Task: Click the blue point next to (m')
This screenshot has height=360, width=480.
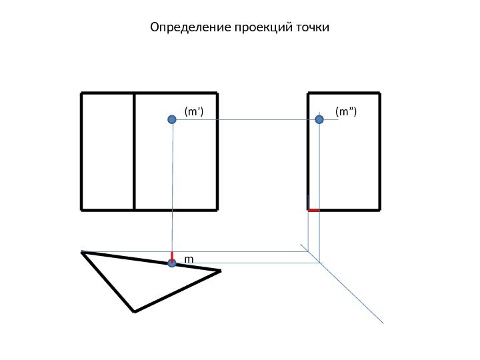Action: (172, 119)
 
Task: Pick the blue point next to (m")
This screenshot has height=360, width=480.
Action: (319, 119)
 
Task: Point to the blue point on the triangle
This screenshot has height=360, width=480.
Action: (172, 263)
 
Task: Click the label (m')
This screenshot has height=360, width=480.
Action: (193, 111)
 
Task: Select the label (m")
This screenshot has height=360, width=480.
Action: (346, 111)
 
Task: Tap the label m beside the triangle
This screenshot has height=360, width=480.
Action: (189, 258)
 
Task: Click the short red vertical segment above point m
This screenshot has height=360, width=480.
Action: (172, 256)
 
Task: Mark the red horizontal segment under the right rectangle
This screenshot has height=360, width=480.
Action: (313, 210)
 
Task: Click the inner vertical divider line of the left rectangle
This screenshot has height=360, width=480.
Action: (134, 152)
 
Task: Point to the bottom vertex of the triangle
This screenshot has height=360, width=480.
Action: (134, 311)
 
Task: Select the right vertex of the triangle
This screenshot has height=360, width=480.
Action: (220, 271)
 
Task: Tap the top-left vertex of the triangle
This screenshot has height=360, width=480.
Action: (82, 252)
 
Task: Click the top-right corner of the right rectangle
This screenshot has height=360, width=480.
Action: (380, 93)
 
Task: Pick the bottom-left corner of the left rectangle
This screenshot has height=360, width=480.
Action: (81, 210)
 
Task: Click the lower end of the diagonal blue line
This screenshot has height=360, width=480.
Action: (384, 323)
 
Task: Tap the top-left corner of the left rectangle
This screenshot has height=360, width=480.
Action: (81, 93)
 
